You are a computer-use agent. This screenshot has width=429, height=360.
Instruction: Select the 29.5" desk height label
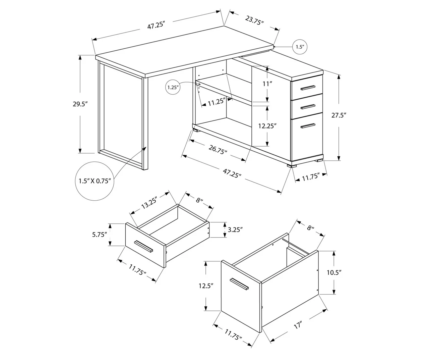[80, 104]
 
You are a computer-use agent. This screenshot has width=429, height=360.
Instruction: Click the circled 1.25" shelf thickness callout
[173, 88]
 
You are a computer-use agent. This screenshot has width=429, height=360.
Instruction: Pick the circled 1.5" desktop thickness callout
[300, 47]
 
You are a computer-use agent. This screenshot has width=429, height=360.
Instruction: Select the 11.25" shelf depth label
[215, 102]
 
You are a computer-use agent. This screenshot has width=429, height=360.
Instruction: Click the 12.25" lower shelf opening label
[267, 126]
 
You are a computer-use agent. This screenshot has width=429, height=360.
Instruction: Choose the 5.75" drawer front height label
[100, 235]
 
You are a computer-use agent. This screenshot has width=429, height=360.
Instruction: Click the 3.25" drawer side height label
[235, 230]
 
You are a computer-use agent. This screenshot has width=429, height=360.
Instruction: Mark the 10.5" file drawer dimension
[334, 273]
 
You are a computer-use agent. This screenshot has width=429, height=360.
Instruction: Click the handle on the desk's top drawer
[308, 88]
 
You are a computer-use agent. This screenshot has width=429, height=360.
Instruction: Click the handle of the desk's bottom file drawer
[308, 126]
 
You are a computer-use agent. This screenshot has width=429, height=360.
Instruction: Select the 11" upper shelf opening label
[266, 84]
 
